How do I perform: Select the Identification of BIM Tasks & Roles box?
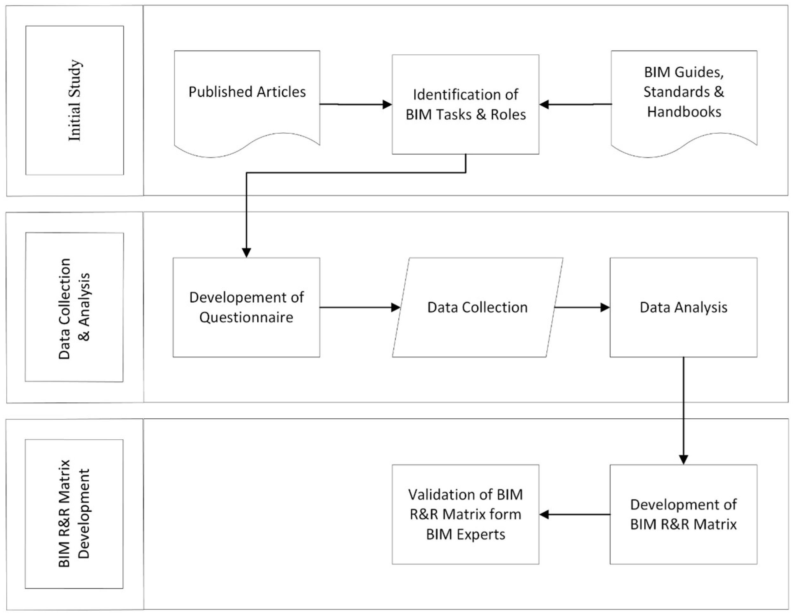coord(465,104)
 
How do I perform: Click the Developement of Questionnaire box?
coord(246,307)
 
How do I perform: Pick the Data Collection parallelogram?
coord(477,307)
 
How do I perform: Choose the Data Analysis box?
coord(683,307)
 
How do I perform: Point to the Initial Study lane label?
coord(75,100)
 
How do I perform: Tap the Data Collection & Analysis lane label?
coord(74,307)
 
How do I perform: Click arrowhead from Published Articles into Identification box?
coord(387,105)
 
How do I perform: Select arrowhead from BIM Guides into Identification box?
coord(544,105)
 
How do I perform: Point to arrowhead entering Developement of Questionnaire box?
coord(246,253)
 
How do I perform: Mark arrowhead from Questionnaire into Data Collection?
coord(396,307)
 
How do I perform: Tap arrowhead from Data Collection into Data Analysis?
coord(605,307)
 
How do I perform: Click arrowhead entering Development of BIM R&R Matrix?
coord(683,460)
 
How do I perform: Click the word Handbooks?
coord(684,112)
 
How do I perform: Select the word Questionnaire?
coord(246,317)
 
